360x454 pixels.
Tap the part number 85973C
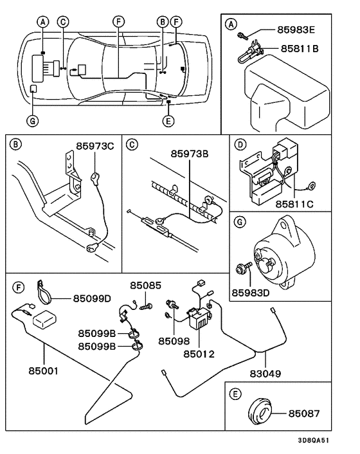pos(94,146)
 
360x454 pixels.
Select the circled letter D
pos(239,144)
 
